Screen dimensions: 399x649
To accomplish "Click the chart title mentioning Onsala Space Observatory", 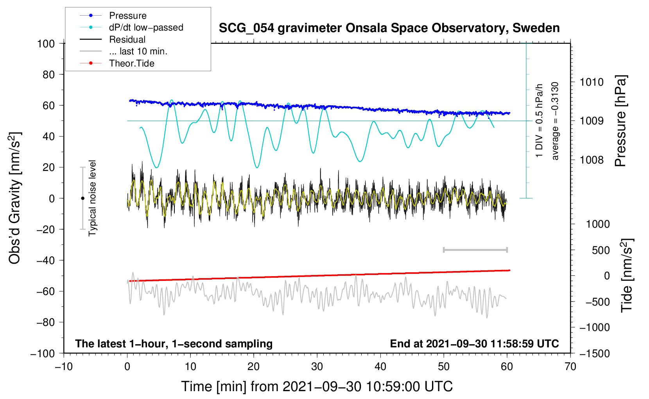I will pyautogui.click(x=389, y=28).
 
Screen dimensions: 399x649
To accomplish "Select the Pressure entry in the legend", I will pyautogui.click(x=127, y=16).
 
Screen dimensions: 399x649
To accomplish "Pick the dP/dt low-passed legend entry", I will pyautogui.click(x=146, y=27).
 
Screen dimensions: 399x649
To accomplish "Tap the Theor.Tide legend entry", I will pyautogui.click(x=131, y=63).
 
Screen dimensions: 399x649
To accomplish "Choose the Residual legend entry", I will pyautogui.click(x=127, y=40).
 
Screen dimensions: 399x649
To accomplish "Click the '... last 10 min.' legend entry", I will pyautogui.click(x=138, y=51).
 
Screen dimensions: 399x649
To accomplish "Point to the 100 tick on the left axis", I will pyautogui.click(x=46, y=43).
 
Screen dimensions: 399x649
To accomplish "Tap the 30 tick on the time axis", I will pyautogui.click(x=317, y=367).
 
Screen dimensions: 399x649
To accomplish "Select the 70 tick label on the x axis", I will pyautogui.click(x=570, y=367).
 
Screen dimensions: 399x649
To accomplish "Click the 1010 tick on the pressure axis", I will pyautogui.click(x=592, y=82).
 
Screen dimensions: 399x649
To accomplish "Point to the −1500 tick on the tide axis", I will pyautogui.click(x=595, y=354).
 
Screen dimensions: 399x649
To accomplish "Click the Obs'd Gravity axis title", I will pyautogui.click(x=15, y=198).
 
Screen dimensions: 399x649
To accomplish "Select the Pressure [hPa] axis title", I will pyautogui.click(x=620, y=121).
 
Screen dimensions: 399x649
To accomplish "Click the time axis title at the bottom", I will pyautogui.click(x=317, y=386).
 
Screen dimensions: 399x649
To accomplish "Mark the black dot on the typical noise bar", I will pyautogui.click(x=82, y=198).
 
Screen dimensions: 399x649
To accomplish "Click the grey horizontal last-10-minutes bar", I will pyautogui.click(x=475, y=250).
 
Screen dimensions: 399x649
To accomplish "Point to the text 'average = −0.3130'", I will pyautogui.click(x=555, y=121).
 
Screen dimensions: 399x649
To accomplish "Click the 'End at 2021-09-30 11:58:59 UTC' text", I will pyautogui.click(x=474, y=344).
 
